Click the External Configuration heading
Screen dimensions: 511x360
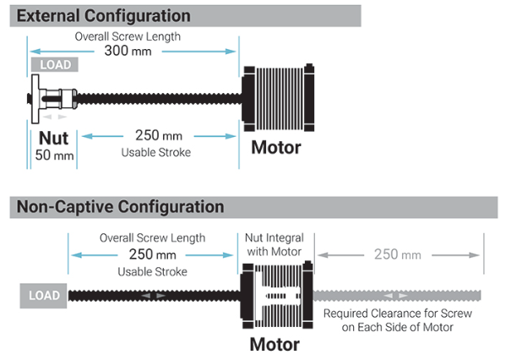104,16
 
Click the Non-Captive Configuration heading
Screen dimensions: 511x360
120,207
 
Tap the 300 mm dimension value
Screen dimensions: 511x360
128,51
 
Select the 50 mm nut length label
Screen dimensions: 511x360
54,155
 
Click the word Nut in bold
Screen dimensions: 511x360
53,138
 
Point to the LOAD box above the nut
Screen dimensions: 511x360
55,64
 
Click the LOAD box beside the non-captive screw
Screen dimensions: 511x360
43,296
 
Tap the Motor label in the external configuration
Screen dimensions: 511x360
276,147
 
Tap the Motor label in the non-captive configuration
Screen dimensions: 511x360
275,344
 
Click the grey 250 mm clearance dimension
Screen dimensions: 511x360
398,254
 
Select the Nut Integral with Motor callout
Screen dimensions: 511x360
275,244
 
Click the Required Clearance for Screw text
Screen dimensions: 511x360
398,314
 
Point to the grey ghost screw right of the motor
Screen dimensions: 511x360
397,296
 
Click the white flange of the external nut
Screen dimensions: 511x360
35,99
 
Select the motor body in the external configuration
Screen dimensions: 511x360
278,98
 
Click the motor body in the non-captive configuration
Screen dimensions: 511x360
277,295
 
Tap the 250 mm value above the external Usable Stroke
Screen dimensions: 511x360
159,136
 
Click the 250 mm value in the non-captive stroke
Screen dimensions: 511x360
153,254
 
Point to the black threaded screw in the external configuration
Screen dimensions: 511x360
160,99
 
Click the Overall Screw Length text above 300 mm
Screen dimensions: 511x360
128,36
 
